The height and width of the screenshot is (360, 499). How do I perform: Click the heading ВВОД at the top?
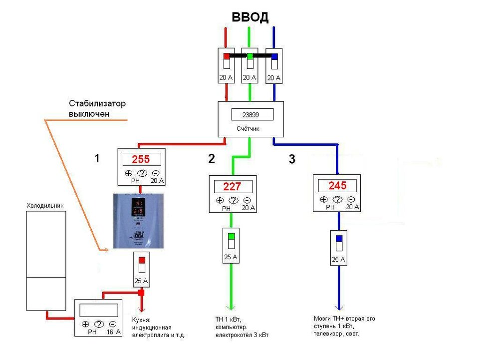coord(250,17)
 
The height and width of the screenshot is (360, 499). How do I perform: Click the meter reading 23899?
coord(252,114)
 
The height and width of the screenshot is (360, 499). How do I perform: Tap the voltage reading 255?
coord(140,160)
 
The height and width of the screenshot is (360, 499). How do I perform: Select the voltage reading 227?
coord(232,187)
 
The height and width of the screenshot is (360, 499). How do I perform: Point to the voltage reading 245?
coord(337,186)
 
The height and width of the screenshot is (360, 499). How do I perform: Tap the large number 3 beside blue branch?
coord(292,160)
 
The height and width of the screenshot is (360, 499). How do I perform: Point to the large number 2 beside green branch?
coord(212,159)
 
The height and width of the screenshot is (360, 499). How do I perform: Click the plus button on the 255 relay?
coord(128,174)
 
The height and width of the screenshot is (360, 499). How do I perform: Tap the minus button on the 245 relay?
coord(351,199)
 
